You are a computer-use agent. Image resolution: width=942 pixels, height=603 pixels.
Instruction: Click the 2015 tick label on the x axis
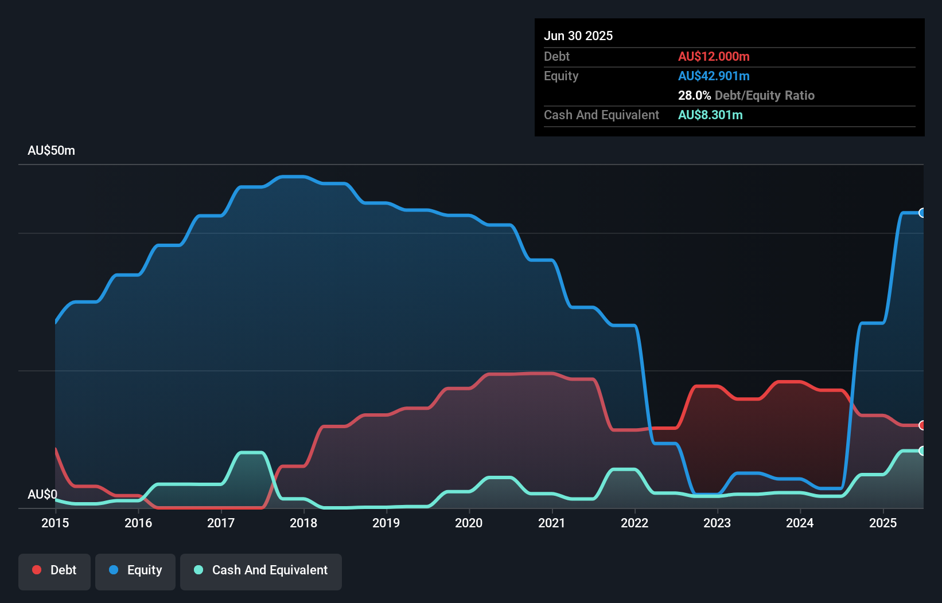coord(55,523)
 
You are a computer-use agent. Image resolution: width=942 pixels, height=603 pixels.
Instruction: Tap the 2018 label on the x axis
coord(303,523)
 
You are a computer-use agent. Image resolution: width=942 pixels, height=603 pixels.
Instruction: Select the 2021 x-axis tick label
coord(552,523)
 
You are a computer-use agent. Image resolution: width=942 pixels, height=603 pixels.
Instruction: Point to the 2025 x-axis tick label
coord(883,523)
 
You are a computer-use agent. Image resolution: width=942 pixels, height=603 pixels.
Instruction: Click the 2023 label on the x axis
coord(717,523)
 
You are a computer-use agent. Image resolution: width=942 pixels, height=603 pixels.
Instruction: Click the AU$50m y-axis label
coord(51,151)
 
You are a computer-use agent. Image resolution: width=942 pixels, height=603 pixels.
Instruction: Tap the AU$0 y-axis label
coord(42,494)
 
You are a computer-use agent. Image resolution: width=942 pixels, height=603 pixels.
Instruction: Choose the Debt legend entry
coord(55,570)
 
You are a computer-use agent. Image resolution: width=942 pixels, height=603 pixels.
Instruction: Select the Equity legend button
coord(135,570)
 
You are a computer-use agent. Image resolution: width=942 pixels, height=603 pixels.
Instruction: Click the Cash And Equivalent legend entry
coord(261,570)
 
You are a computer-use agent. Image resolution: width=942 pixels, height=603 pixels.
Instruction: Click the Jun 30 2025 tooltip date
coord(578,36)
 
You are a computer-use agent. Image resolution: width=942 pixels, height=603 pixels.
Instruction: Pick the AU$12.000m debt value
coord(714,57)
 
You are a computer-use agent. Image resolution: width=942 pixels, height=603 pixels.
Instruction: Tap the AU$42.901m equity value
coord(714,76)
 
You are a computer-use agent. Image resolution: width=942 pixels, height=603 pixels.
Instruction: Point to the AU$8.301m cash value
coord(710,115)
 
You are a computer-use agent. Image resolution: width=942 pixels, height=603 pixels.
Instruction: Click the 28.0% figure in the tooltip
coord(694,96)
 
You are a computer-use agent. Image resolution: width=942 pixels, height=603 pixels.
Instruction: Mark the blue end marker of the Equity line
coord(922,213)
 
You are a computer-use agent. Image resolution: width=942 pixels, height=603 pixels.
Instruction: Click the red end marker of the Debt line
coord(922,425)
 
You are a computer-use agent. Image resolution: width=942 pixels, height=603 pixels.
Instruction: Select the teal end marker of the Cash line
coord(922,451)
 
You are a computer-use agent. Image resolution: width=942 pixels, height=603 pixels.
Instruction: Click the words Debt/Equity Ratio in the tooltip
coord(765,96)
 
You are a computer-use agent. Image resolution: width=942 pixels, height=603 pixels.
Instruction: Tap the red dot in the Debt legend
coord(37,570)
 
